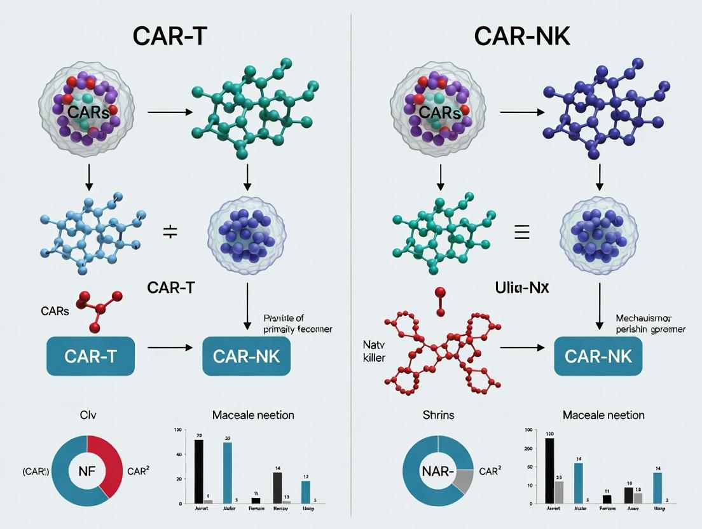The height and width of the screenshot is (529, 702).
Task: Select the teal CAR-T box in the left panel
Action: click(90, 356)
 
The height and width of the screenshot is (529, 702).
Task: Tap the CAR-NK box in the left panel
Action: click(246, 356)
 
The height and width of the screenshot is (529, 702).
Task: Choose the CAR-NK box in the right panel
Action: click(598, 356)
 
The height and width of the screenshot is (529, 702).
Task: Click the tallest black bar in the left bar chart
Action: click(198, 471)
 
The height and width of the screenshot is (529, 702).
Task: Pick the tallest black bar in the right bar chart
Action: click(549, 471)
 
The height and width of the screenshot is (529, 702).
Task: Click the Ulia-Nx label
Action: click(521, 287)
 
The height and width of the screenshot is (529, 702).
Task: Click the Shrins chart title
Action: click(438, 415)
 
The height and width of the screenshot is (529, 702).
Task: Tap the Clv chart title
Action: click(87, 415)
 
